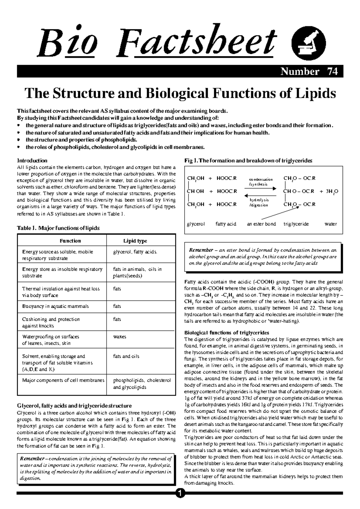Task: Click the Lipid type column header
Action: (x=135, y=241)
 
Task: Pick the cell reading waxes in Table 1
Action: (x=120, y=337)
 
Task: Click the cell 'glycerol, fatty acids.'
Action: (x=135, y=252)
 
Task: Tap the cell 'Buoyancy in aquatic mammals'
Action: (x=55, y=306)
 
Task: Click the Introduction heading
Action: (x=32, y=161)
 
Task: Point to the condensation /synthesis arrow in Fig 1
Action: (x=260, y=188)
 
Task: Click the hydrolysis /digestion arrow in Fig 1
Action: (x=260, y=195)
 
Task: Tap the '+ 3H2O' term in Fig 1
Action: (x=329, y=191)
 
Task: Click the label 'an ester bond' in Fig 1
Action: (x=261, y=224)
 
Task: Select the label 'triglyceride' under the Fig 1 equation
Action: (x=296, y=224)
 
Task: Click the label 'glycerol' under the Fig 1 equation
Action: (x=196, y=224)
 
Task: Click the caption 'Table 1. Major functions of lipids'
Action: (x=58, y=228)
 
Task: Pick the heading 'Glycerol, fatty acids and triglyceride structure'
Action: (x=74, y=406)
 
